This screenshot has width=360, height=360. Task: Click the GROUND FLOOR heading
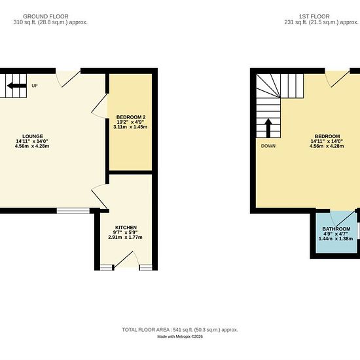pyautogui.click(x=46, y=16)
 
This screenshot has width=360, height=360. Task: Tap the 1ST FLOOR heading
pyautogui.click(x=314, y=16)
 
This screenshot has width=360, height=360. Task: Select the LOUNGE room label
pyautogui.click(x=33, y=136)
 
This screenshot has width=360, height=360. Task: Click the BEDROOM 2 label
pyautogui.click(x=131, y=117)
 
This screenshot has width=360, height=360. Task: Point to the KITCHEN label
pyautogui.click(x=126, y=227)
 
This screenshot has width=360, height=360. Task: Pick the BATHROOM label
pyautogui.click(x=336, y=229)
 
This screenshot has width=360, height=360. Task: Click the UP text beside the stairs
pyautogui.click(x=35, y=86)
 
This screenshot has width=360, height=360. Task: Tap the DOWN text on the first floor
pyautogui.click(x=268, y=146)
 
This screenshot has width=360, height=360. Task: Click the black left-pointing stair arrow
pyautogui.click(x=17, y=86)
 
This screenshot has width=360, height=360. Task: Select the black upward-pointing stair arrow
pyautogui.click(x=268, y=128)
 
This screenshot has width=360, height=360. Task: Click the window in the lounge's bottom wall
pyautogui.click(x=73, y=211)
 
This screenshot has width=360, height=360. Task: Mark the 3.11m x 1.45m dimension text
pyautogui.click(x=130, y=127)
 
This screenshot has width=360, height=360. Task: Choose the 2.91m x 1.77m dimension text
pyautogui.click(x=126, y=237)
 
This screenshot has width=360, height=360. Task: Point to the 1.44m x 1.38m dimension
pyautogui.click(x=336, y=238)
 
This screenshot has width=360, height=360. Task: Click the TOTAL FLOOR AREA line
pyautogui.click(x=180, y=330)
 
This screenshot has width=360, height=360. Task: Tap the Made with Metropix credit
pyautogui.click(x=180, y=336)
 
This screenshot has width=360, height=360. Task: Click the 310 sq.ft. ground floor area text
pyautogui.click(x=50, y=22)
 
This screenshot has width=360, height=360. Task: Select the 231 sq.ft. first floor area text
pyautogui.click(x=321, y=22)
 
